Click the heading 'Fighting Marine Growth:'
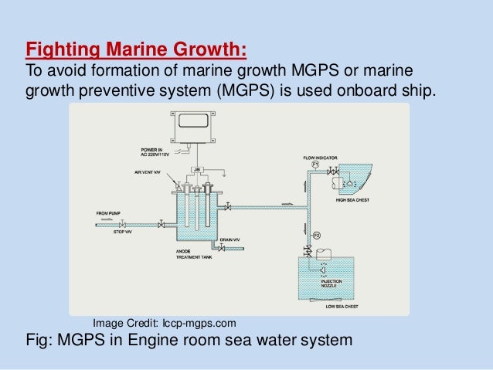click(x=136, y=52)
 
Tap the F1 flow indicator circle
click(x=315, y=165)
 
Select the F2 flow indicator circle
click(x=315, y=234)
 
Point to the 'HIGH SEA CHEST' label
click(x=352, y=200)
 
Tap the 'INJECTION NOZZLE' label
click(x=331, y=283)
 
